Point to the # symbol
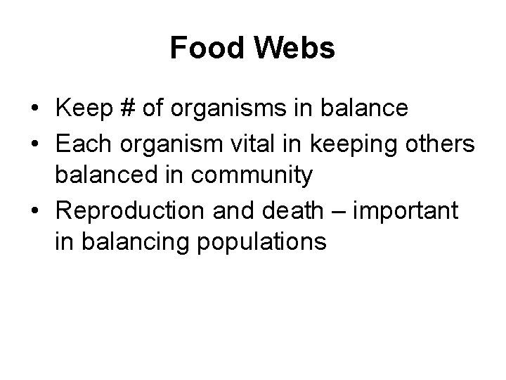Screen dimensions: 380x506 coord(128,108)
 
